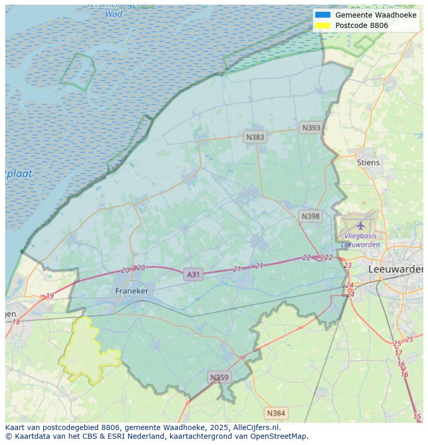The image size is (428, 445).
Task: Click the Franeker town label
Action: (x=131, y=291)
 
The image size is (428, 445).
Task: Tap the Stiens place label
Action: (x=368, y=162)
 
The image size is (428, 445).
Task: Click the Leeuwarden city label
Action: (x=395, y=269)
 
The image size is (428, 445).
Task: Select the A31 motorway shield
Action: (x=193, y=274)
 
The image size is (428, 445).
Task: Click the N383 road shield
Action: (x=255, y=137)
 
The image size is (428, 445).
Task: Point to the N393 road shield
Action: (x=311, y=128)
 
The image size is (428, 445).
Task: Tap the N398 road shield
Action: (x=310, y=216)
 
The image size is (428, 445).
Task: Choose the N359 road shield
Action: (x=219, y=377)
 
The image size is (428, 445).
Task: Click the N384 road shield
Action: (x=276, y=413)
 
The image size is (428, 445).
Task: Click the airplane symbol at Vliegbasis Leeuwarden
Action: (x=360, y=225)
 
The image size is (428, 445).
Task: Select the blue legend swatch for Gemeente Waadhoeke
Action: (x=323, y=15)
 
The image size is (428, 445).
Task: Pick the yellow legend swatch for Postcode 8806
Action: (x=323, y=25)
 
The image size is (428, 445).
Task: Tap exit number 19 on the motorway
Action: (x=50, y=296)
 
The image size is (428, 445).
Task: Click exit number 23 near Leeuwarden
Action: (x=347, y=265)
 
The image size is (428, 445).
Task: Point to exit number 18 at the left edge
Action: (x=16, y=322)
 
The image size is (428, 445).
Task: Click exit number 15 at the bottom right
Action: (x=417, y=417)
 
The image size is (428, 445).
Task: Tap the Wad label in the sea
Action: (x=114, y=14)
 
